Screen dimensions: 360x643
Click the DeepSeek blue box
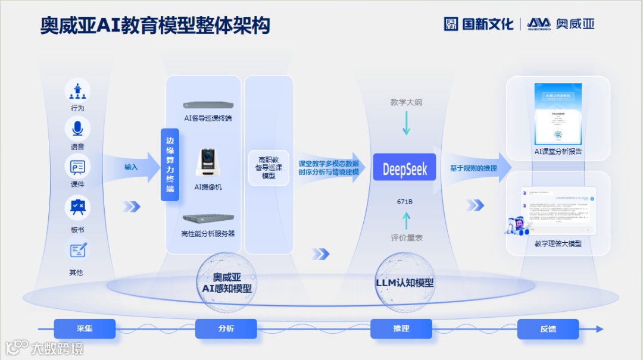pos(404,168)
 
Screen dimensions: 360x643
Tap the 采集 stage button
pos(85,328)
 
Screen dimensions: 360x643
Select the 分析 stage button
pos(226,328)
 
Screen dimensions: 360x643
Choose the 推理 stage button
pos(401,328)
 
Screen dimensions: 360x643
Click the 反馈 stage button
pos(548,328)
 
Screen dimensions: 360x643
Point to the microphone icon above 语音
pos(77,129)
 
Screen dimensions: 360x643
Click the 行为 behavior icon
pos(77,90)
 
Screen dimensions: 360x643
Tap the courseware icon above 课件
pos(77,166)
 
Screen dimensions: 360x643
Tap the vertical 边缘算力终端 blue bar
pos(170,164)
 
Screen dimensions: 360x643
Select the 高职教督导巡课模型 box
pos(269,167)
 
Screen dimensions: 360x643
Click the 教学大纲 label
pos(406,102)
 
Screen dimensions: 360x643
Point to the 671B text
pos(405,202)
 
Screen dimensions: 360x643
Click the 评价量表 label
pos(407,237)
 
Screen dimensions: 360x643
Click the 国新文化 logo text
pos(479,24)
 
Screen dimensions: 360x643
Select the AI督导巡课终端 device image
pos(208,105)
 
